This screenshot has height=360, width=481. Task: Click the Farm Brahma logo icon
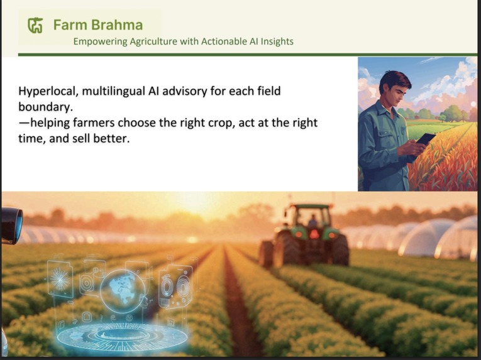[35, 26]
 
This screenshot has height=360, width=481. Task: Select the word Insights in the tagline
[274, 41]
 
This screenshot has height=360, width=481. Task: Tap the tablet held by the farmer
[426, 139]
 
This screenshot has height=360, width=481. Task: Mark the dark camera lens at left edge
[11, 225]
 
